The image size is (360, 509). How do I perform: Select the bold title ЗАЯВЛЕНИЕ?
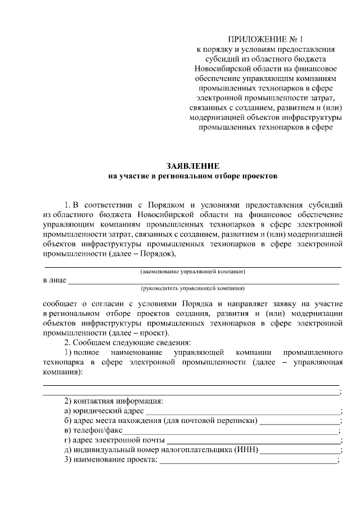(x=193, y=166)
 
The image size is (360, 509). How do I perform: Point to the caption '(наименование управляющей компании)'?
(x=192, y=272)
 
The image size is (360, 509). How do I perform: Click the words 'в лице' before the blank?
(x=55, y=280)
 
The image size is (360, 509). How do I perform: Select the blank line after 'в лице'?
(x=203, y=281)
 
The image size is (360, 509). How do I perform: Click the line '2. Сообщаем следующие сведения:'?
(x=129, y=343)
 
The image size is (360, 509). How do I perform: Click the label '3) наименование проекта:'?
(x=110, y=461)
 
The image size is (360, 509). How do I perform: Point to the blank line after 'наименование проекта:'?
(x=247, y=462)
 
